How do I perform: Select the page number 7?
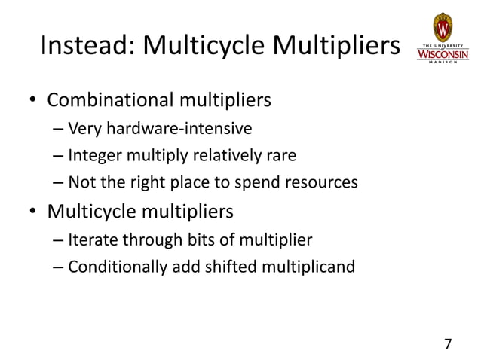(448, 344)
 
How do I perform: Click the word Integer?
(91, 156)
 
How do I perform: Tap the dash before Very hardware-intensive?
(58, 128)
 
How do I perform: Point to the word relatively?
(223, 156)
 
